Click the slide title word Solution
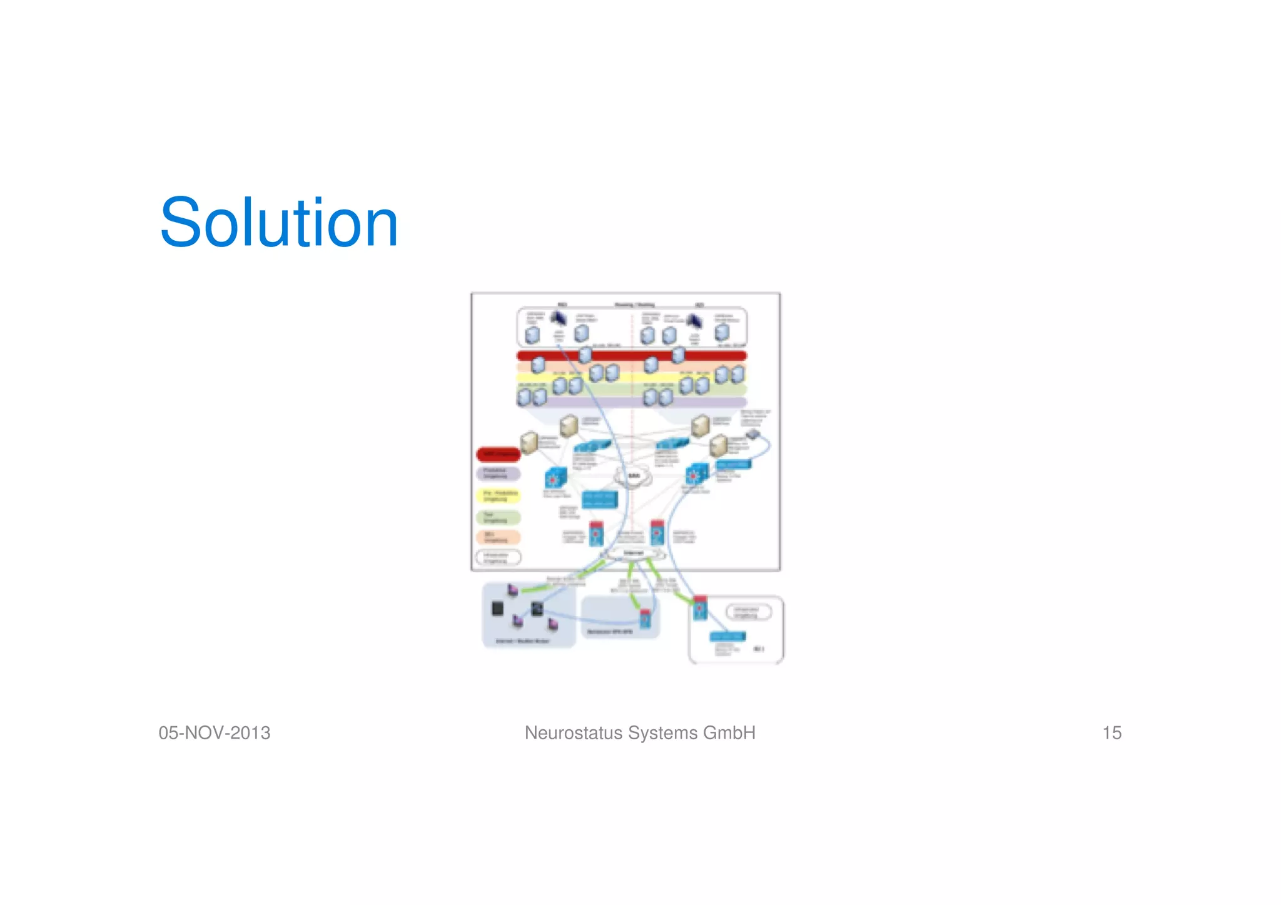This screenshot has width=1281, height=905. coord(279,223)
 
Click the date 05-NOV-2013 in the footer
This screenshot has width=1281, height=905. coord(215,733)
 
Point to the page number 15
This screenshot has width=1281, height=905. coord(1111,733)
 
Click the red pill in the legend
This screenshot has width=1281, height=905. coord(499,454)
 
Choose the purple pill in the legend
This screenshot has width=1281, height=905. coord(499,473)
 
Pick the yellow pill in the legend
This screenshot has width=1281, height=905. coord(499,496)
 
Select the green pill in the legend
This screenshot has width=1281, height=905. coord(499,518)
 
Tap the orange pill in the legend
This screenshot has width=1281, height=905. coord(499,537)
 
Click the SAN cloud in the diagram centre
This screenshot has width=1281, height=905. coord(633,477)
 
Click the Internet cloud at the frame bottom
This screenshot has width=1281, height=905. coord(633,554)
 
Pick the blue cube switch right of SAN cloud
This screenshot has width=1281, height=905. coord(696,475)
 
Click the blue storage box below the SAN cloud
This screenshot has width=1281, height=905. coord(599,499)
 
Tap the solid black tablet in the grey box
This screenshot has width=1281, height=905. coord(498,609)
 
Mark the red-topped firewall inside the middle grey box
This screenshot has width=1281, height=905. coord(645,619)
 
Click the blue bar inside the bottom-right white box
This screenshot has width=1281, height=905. coord(727,637)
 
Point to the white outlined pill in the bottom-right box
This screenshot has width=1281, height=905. coord(747,612)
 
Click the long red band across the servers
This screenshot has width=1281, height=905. coord(632,356)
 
